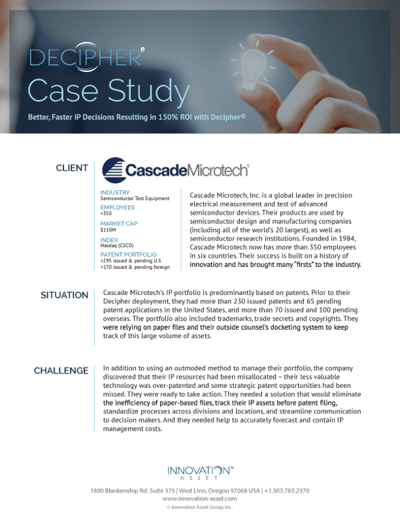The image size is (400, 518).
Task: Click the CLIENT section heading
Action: (72, 168)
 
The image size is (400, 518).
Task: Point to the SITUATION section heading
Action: (65, 295)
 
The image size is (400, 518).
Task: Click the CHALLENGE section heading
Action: (61, 370)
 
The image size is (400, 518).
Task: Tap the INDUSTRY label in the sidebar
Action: (115, 192)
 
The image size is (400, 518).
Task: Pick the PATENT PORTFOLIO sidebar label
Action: (128, 254)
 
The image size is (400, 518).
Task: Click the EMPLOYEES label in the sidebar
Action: (117, 208)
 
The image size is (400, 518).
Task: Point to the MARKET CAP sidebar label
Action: (119, 223)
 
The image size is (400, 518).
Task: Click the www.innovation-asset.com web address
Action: (199, 499)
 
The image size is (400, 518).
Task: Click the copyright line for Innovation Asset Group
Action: (199, 507)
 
